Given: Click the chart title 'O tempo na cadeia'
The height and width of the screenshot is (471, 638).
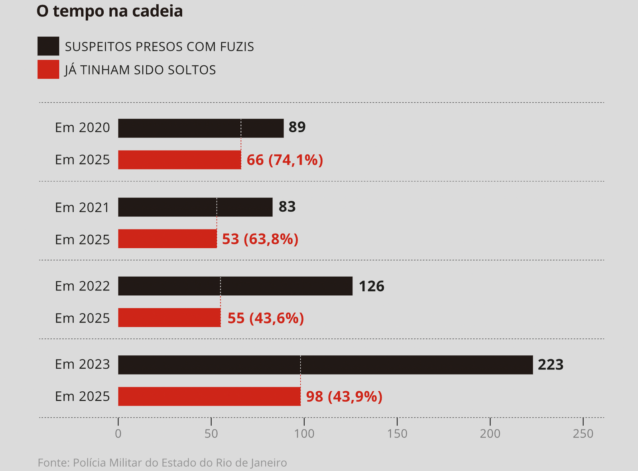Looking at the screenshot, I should pyautogui.click(x=110, y=11).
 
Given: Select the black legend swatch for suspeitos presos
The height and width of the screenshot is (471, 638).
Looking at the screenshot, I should pyautogui.click(x=48, y=46).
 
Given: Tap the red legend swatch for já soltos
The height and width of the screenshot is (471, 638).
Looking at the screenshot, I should pyautogui.click(x=48, y=69).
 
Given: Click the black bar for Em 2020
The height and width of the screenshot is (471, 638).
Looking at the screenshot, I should pyautogui.click(x=201, y=128).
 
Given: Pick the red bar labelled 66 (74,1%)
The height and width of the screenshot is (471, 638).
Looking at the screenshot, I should pyautogui.click(x=179, y=160).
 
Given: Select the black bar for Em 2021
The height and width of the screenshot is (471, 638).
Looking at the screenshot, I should pyautogui.click(x=195, y=207).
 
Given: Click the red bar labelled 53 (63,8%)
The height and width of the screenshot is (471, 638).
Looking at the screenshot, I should pyautogui.click(x=167, y=239).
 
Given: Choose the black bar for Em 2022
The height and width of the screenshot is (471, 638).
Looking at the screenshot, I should pyautogui.click(x=235, y=286).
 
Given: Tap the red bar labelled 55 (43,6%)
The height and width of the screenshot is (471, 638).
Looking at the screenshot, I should pyautogui.click(x=169, y=318).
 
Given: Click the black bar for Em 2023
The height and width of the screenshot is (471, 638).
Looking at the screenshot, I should pyautogui.click(x=325, y=365).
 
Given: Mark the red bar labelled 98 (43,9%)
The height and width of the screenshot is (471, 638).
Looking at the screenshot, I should pyautogui.click(x=209, y=396).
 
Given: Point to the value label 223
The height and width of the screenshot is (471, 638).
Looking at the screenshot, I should pyautogui.click(x=550, y=365).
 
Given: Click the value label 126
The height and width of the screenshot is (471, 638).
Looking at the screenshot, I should pyautogui.click(x=371, y=286).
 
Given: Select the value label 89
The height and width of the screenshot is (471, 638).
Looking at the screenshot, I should pyautogui.click(x=297, y=127).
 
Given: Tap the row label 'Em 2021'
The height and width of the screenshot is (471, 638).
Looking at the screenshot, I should pyautogui.click(x=82, y=208).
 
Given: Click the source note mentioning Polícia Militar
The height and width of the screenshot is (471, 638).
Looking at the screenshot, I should pyautogui.click(x=162, y=463).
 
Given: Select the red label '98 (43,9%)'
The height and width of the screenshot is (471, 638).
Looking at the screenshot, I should pyautogui.click(x=344, y=396).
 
